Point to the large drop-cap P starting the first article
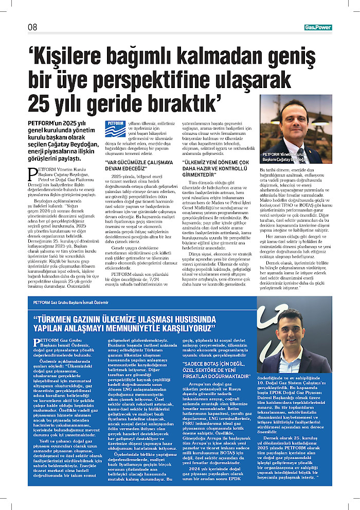(x=30, y=173)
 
